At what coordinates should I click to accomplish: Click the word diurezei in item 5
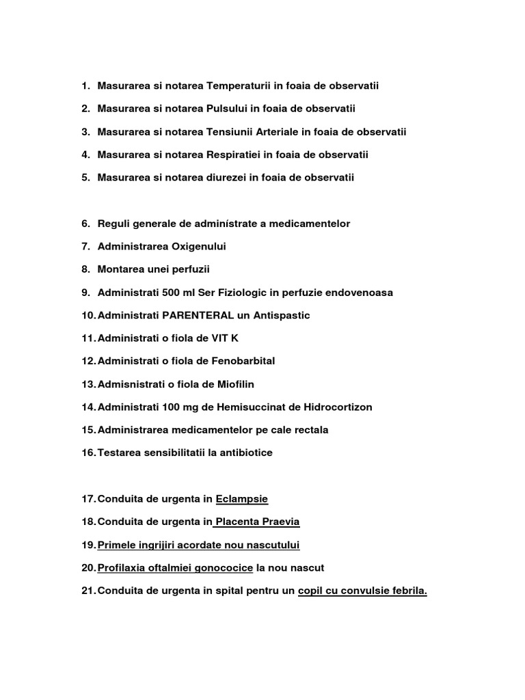coord(226,178)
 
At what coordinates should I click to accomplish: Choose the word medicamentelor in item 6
coord(311,224)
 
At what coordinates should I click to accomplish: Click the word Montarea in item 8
coord(120,269)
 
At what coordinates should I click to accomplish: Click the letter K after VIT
coord(235,338)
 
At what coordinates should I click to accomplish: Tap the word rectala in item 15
coord(308,430)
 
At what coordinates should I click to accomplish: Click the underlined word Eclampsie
coord(242,499)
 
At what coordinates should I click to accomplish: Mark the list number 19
coord(88,545)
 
